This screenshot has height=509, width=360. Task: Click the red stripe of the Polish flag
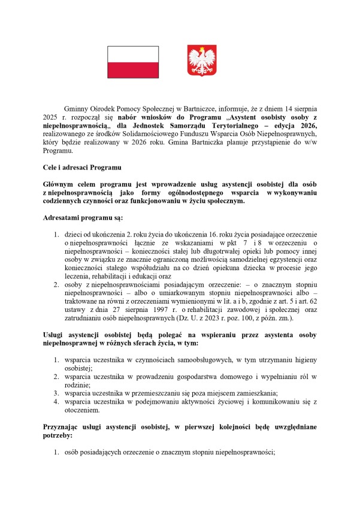click(132, 70)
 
